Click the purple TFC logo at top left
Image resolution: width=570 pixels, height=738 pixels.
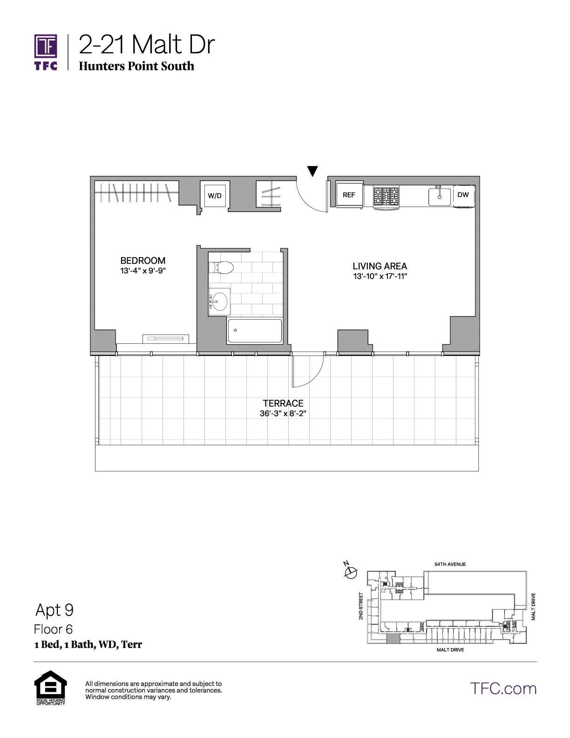46,52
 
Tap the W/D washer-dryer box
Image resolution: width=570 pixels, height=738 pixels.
214,195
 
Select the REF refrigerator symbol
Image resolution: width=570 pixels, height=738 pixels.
349,195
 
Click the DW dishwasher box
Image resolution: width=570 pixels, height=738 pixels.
463,195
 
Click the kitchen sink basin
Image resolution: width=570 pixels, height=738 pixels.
440,196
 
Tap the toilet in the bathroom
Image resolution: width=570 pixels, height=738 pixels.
221,267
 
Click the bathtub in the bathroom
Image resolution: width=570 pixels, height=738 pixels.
255,330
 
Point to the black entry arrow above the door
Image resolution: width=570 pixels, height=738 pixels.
313,171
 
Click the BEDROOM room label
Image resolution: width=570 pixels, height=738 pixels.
142,260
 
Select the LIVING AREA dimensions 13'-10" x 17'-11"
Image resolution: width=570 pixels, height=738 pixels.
380,276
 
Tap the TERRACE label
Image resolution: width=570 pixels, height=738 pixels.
283,403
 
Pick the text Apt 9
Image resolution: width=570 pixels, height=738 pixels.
54,610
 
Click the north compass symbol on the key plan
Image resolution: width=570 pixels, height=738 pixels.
350,571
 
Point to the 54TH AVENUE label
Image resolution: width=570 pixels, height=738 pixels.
450,564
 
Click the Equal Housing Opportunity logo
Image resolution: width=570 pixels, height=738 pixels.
51,687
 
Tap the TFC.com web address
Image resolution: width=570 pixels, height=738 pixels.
503,688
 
